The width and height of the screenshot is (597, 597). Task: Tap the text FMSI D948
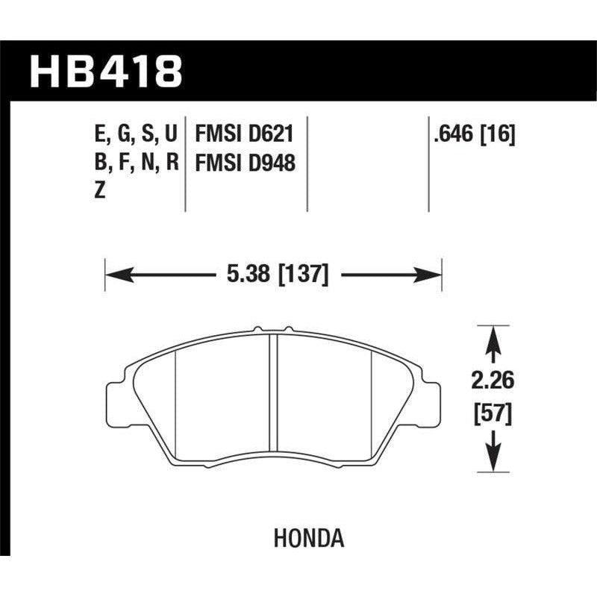coord(244,163)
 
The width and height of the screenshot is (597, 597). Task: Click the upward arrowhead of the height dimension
coord(491,339)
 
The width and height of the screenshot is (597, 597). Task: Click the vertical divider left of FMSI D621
coord(184,164)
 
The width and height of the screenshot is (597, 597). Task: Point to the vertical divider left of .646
coord(429,164)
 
